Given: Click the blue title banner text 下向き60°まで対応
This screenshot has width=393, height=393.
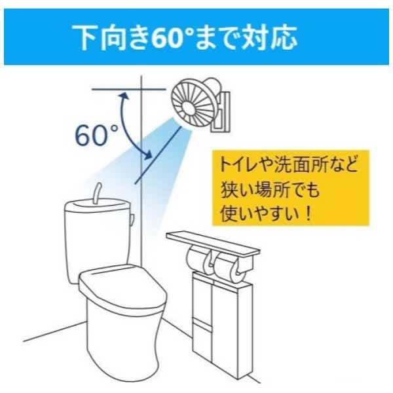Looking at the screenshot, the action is tap(185, 37).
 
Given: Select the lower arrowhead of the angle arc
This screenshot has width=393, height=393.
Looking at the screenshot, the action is tap(148, 154).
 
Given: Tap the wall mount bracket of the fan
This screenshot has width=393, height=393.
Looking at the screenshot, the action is tap(222, 111).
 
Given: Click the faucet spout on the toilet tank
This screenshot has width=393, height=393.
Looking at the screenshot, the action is tap(97, 193).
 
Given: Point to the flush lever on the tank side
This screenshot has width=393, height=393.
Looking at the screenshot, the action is tap(132, 219).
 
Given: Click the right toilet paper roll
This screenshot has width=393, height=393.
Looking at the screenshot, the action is tap(230, 267).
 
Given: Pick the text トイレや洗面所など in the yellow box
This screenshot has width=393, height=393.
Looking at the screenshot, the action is tap(289, 164).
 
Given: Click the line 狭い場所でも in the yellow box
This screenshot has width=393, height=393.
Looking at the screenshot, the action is tap(270, 191).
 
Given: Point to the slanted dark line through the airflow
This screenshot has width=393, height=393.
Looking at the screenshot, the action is tap(158, 155).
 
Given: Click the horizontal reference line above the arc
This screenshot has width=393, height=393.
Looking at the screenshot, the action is tap(129, 89).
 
